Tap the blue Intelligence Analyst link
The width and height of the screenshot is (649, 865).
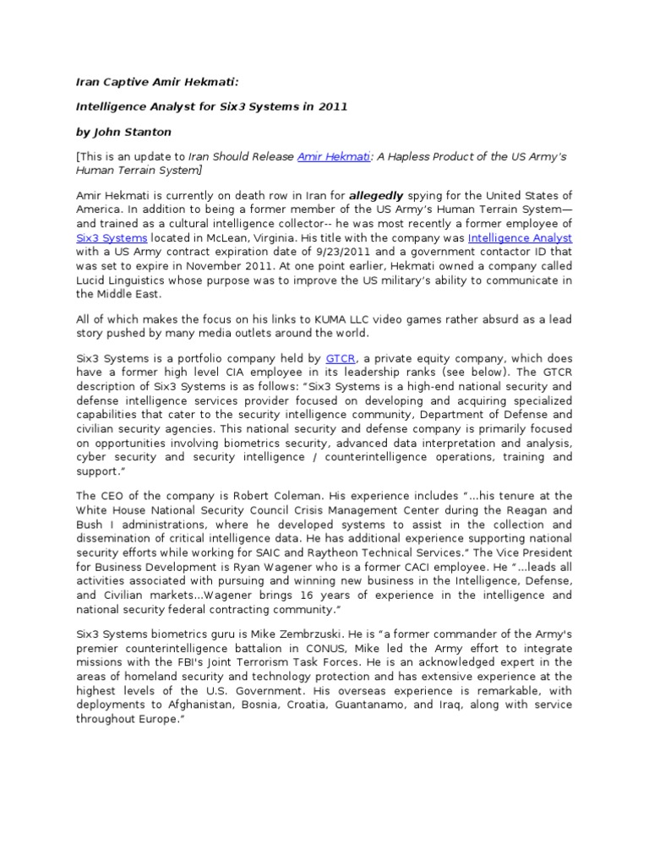[520, 239]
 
